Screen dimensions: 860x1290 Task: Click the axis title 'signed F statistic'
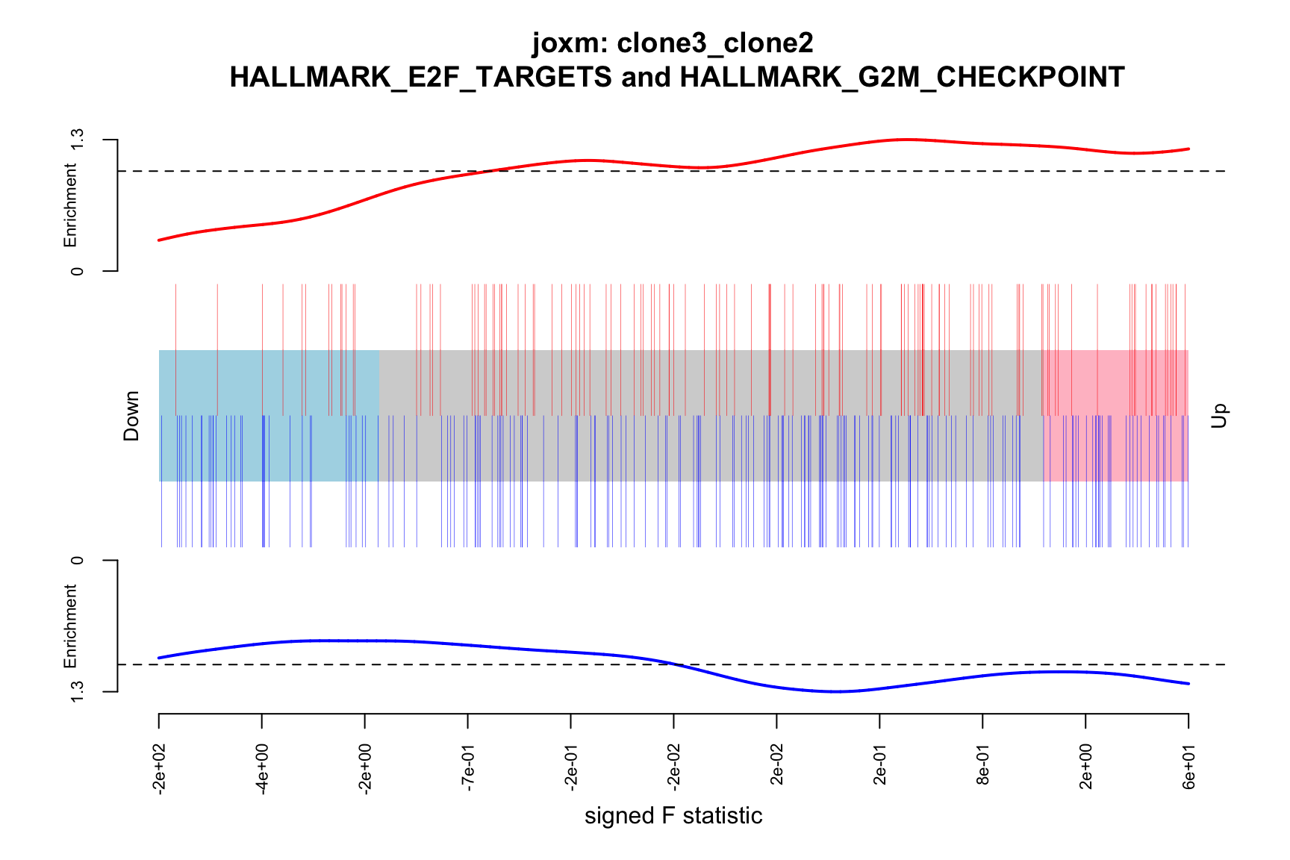point(673,816)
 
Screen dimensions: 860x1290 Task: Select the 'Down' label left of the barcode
point(131,416)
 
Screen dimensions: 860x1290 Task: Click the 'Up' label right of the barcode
point(1218,416)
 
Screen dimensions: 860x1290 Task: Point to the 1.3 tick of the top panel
point(76,140)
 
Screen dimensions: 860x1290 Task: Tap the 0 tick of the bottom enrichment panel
point(76,560)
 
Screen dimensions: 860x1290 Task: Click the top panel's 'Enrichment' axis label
point(70,206)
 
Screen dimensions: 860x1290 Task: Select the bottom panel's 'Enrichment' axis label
point(70,626)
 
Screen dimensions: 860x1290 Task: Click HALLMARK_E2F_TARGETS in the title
point(420,77)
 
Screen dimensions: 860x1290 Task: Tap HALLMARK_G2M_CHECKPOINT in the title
point(902,77)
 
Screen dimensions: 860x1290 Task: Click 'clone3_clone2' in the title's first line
point(715,43)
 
